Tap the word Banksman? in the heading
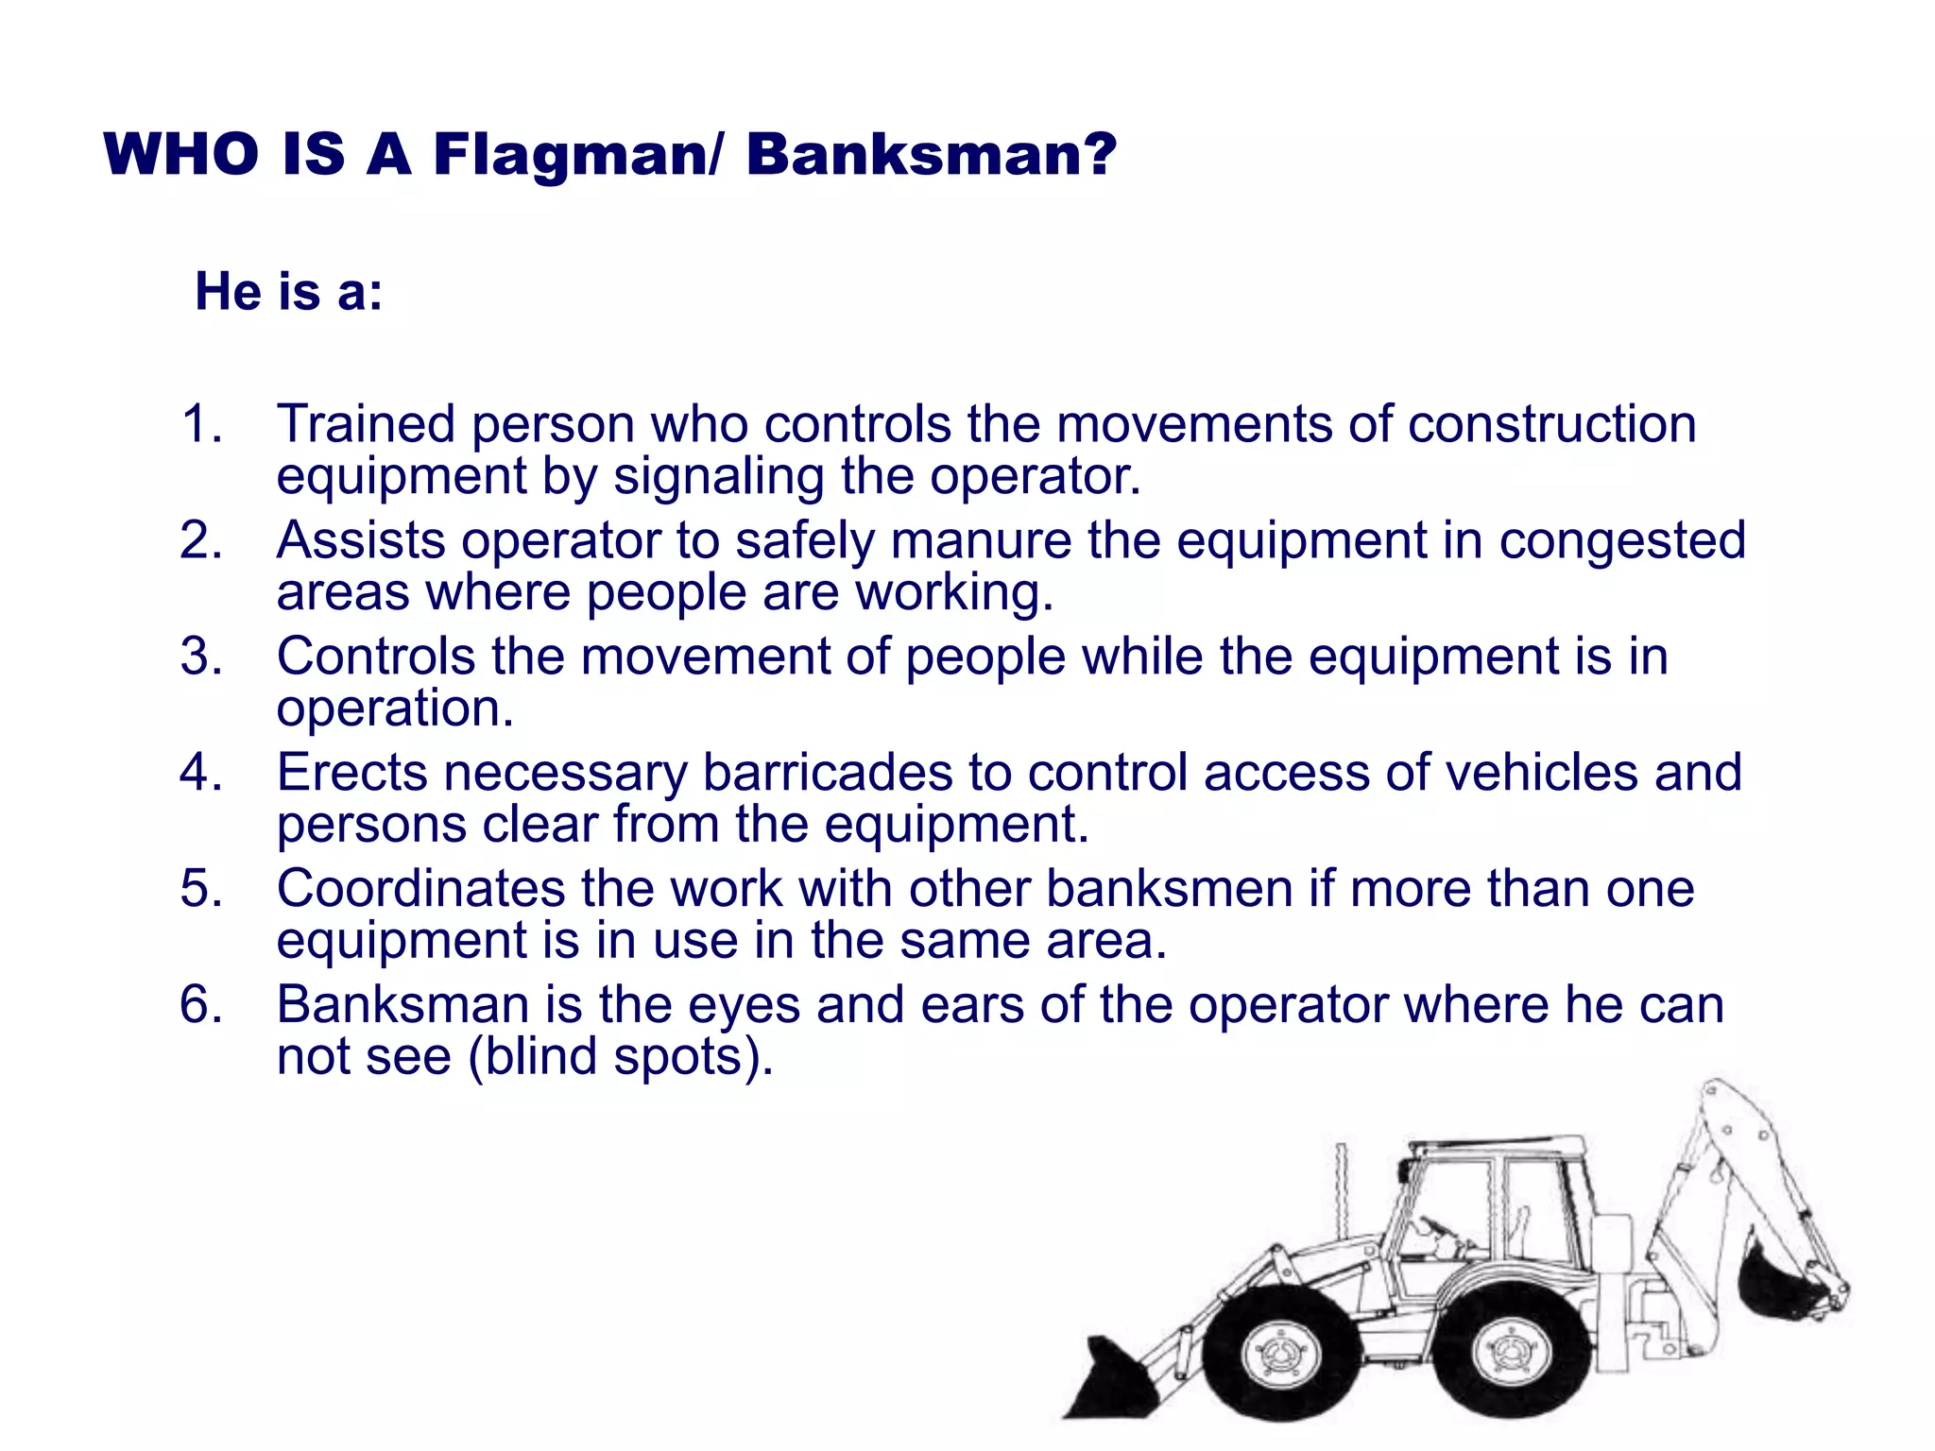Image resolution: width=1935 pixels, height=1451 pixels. [x=931, y=155]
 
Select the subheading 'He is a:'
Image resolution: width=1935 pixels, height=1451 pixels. [x=288, y=291]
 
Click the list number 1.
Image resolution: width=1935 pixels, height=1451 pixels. [x=201, y=423]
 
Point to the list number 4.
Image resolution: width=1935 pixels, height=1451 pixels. [x=201, y=773]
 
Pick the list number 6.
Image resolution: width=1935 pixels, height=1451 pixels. [x=201, y=1004]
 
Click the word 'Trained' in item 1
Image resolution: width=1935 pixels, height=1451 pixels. [x=366, y=423]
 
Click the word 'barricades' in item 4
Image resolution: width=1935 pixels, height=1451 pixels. [x=827, y=773]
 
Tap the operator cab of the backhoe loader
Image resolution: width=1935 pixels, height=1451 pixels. [x=1493, y=1209]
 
